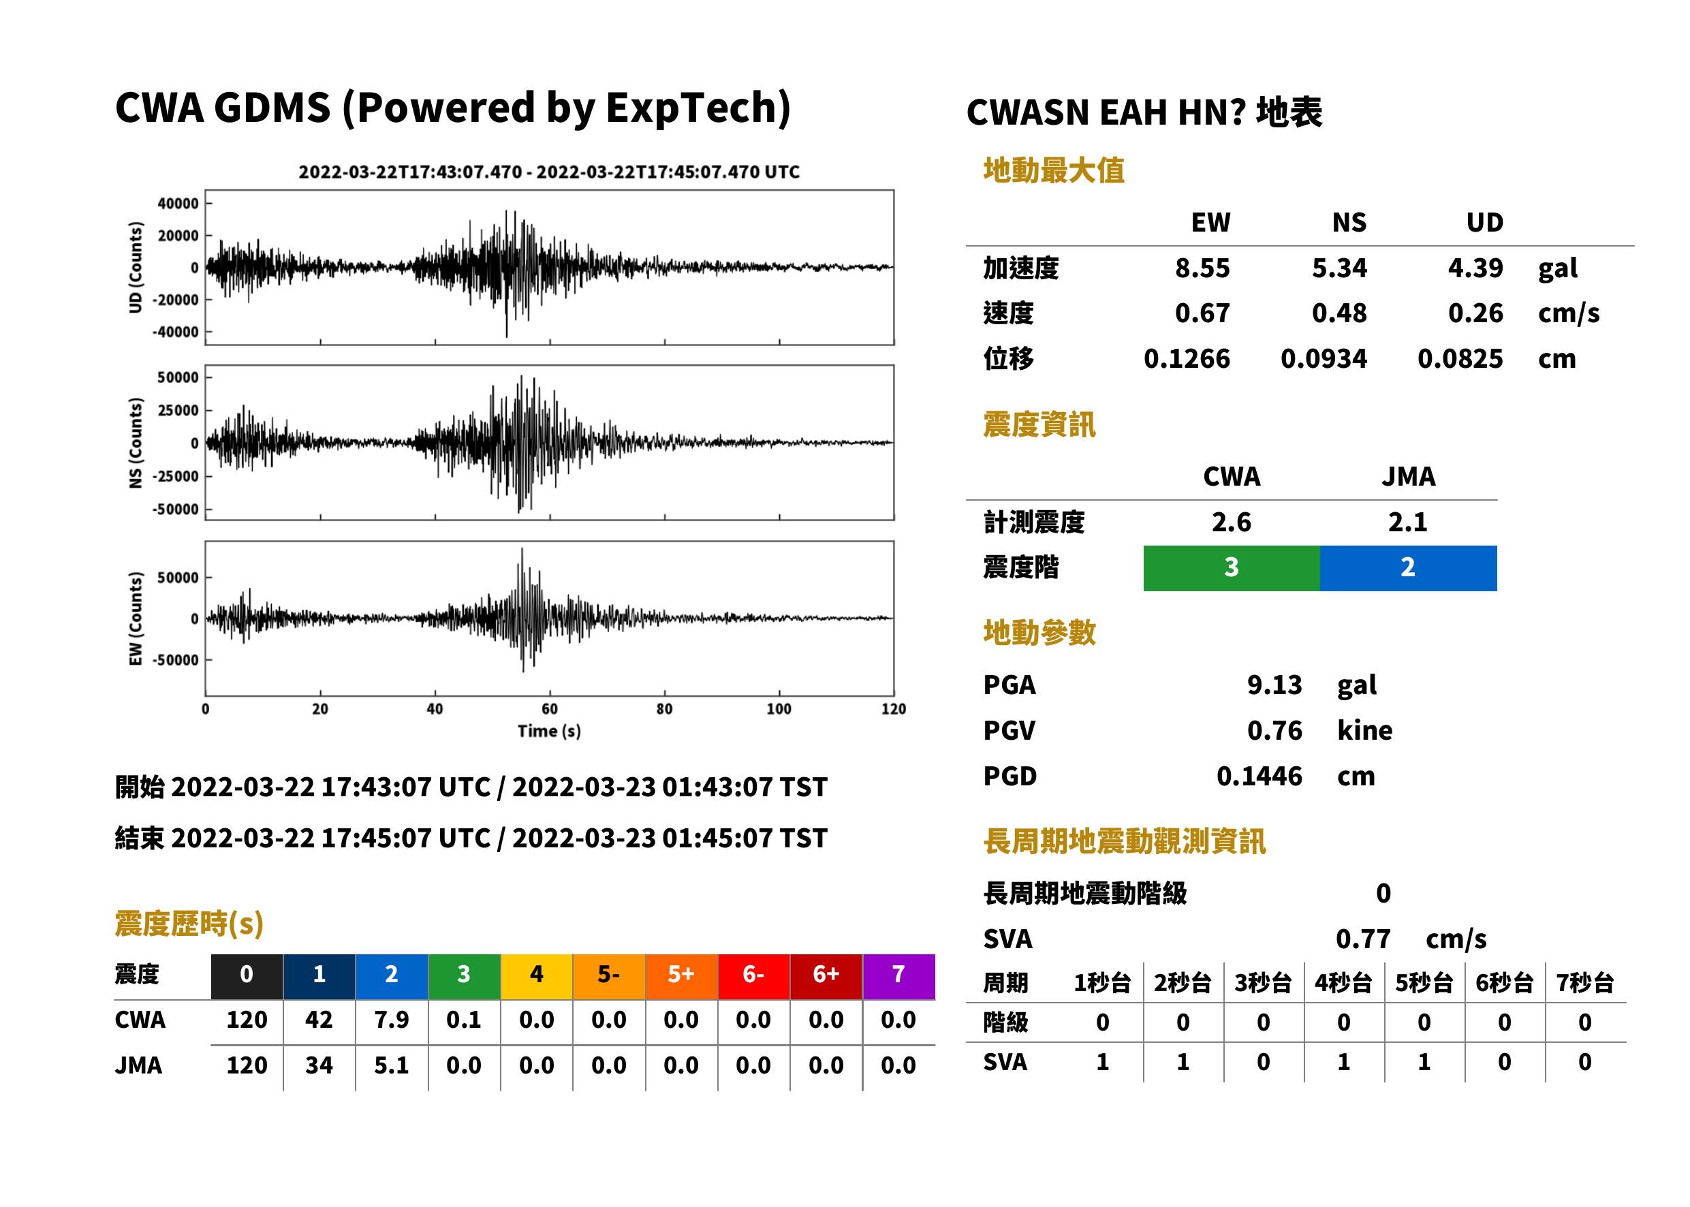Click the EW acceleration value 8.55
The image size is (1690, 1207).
[1202, 268]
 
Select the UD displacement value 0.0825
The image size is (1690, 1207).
[1460, 359]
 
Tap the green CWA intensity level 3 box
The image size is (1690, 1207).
[1232, 568]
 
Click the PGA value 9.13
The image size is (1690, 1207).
[1274, 685]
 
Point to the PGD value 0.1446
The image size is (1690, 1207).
[1259, 776]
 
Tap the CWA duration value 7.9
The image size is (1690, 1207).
[392, 1020]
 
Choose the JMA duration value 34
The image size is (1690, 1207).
[319, 1065]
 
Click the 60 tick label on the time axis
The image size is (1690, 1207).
[549, 709]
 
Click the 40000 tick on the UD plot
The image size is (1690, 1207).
[178, 204]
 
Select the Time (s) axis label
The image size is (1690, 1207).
[549, 732]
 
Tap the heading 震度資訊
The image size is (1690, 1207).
[1039, 425]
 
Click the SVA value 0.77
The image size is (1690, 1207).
[1363, 939]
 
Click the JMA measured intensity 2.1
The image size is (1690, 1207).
[1407, 522]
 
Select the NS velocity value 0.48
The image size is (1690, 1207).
[1339, 313]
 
